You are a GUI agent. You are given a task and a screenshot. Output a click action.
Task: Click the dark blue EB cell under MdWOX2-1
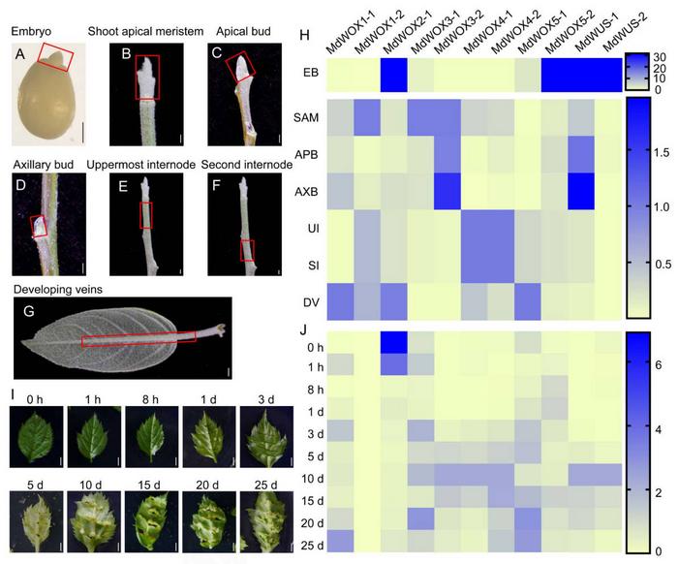tap(393, 74)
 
